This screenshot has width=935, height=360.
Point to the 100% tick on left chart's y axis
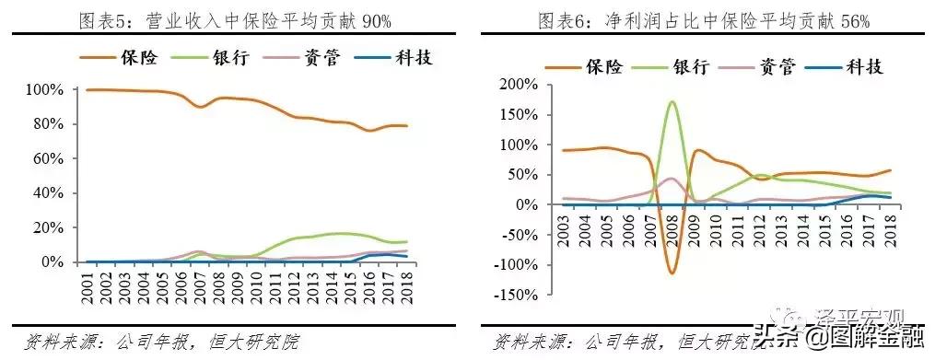click(44, 89)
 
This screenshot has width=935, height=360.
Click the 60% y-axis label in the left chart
click(48, 158)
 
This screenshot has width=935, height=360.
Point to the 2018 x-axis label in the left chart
click(405, 285)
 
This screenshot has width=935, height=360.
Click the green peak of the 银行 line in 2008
click(672, 102)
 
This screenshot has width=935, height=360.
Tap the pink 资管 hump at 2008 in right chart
click(672, 179)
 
